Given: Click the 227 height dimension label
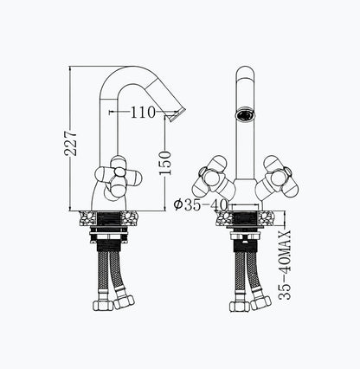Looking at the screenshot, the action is [x=71, y=144].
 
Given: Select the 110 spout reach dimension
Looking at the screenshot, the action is [x=143, y=112].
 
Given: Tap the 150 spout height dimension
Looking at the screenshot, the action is [x=165, y=163].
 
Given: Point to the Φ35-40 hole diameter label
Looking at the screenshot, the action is [x=201, y=204].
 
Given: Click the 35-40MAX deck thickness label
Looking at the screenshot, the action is [x=286, y=264].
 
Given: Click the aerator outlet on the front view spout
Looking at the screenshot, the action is [x=246, y=115].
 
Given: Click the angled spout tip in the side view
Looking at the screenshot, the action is [x=177, y=114].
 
